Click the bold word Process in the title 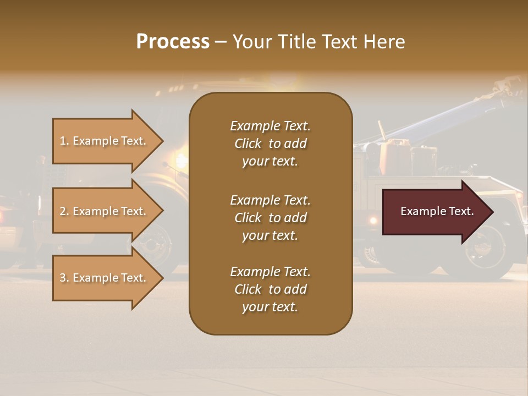[x=173, y=42]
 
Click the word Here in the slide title [x=384, y=42]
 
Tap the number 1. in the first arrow [x=64, y=141]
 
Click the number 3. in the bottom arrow [x=64, y=278]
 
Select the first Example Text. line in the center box [x=270, y=126]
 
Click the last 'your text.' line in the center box [x=270, y=307]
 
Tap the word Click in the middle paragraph [x=248, y=218]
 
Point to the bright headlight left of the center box [x=180, y=161]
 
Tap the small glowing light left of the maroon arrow [x=373, y=220]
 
